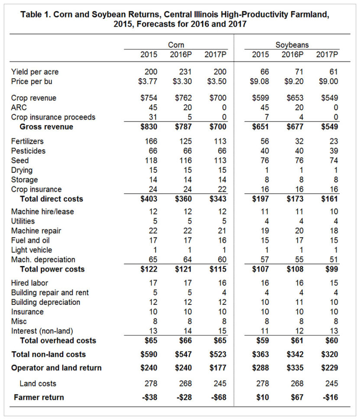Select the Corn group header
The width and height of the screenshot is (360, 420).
click(x=175, y=45)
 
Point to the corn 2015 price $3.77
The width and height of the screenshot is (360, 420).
click(x=150, y=81)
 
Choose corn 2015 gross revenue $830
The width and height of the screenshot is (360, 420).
click(x=150, y=127)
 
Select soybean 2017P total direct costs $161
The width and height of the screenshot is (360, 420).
click(x=328, y=199)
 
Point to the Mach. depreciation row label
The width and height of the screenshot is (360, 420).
click(x=43, y=259)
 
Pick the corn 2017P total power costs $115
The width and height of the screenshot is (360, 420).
click(x=217, y=269)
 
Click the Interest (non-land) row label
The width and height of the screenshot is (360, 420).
click(x=42, y=331)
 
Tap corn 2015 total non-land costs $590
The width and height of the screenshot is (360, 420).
click(x=150, y=354)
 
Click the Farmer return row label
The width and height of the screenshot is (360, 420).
click(x=39, y=397)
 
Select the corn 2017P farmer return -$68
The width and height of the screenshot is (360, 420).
click(x=217, y=397)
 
